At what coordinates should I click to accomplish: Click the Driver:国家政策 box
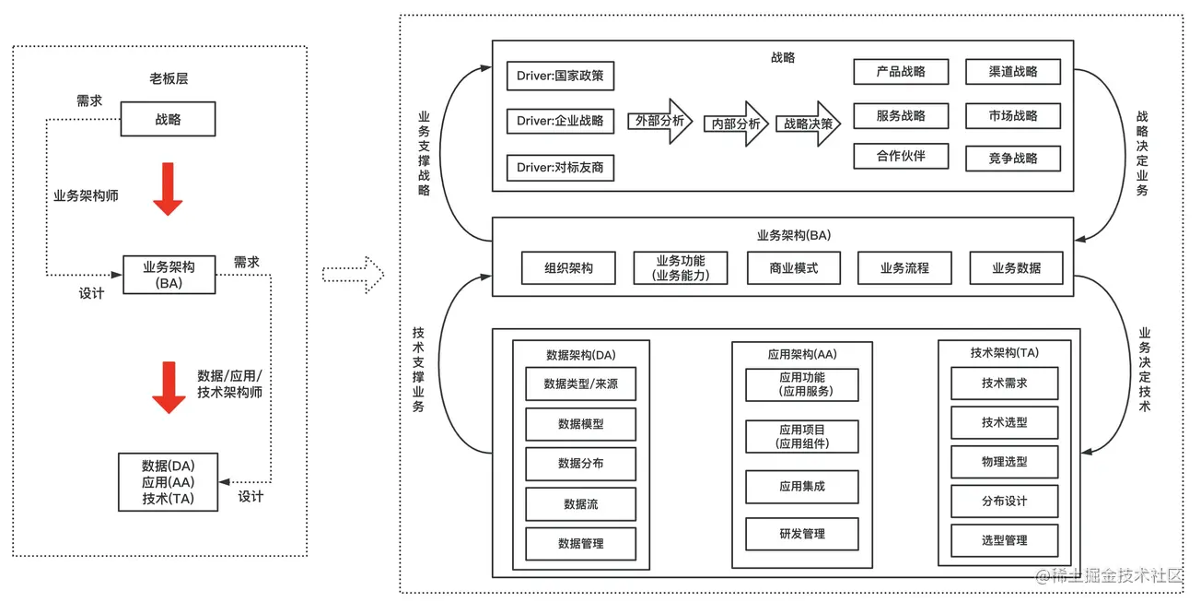pos(560,76)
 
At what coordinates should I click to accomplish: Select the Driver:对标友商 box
pos(560,168)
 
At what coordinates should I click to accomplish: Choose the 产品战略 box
pos(900,72)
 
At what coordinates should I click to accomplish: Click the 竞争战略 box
pos(1013,158)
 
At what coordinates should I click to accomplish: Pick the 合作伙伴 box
pos(900,156)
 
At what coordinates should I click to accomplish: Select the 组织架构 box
pos(568,268)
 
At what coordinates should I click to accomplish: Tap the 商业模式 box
pos(793,268)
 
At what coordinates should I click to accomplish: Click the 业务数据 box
pos(1016,268)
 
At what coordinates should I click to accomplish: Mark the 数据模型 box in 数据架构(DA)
pos(580,424)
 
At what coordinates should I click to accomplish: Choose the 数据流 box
pos(580,504)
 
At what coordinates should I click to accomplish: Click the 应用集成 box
pos(801,487)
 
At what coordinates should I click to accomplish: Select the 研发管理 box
pos(801,534)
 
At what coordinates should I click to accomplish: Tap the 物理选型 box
pos(1004,462)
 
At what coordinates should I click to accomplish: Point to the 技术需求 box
pos(1004,384)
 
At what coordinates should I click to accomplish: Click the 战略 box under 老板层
pos(169,120)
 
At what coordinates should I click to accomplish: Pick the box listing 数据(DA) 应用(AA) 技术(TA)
pos(169,482)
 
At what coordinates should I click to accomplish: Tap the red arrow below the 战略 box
pos(168,189)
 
